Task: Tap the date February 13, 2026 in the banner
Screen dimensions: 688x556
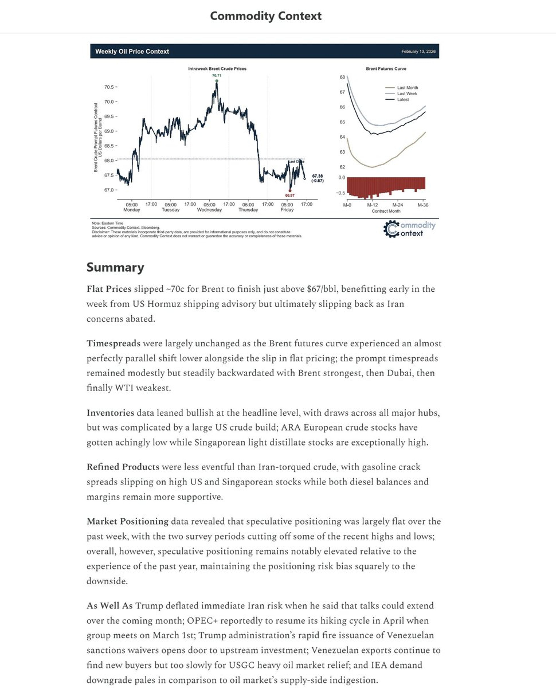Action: (x=418, y=52)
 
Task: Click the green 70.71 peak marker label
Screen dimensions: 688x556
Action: (x=216, y=76)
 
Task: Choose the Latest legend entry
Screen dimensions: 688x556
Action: (x=403, y=100)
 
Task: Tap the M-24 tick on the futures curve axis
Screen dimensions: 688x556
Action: (x=397, y=205)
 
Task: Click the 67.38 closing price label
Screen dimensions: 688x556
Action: (x=317, y=176)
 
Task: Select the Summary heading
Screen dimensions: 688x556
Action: (x=115, y=267)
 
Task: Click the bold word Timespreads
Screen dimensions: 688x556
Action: (x=113, y=343)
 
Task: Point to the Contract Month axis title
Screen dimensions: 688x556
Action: (x=386, y=211)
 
